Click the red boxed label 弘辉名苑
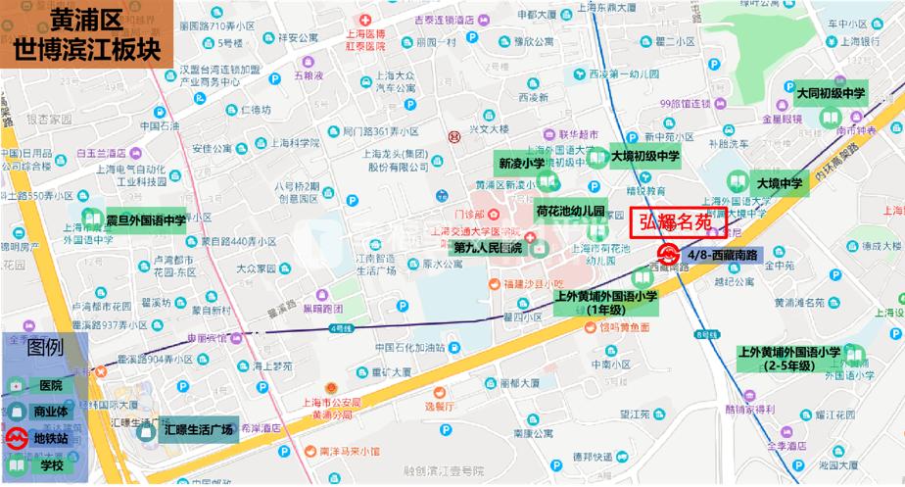[x=676, y=223]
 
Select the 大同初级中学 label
[x=831, y=94]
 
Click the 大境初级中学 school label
[x=644, y=156]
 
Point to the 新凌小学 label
[x=520, y=164]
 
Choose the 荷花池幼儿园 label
[x=570, y=212]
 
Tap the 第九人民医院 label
[x=487, y=248]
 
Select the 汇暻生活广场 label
[x=200, y=429]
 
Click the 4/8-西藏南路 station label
[x=722, y=256]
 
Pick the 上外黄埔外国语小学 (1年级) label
[x=604, y=303]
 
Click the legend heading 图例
[x=45, y=348]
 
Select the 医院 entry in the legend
[x=48, y=386]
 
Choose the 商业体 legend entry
[x=51, y=413]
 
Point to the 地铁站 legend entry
[x=51, y=438]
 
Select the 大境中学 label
[x=780, y=182]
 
